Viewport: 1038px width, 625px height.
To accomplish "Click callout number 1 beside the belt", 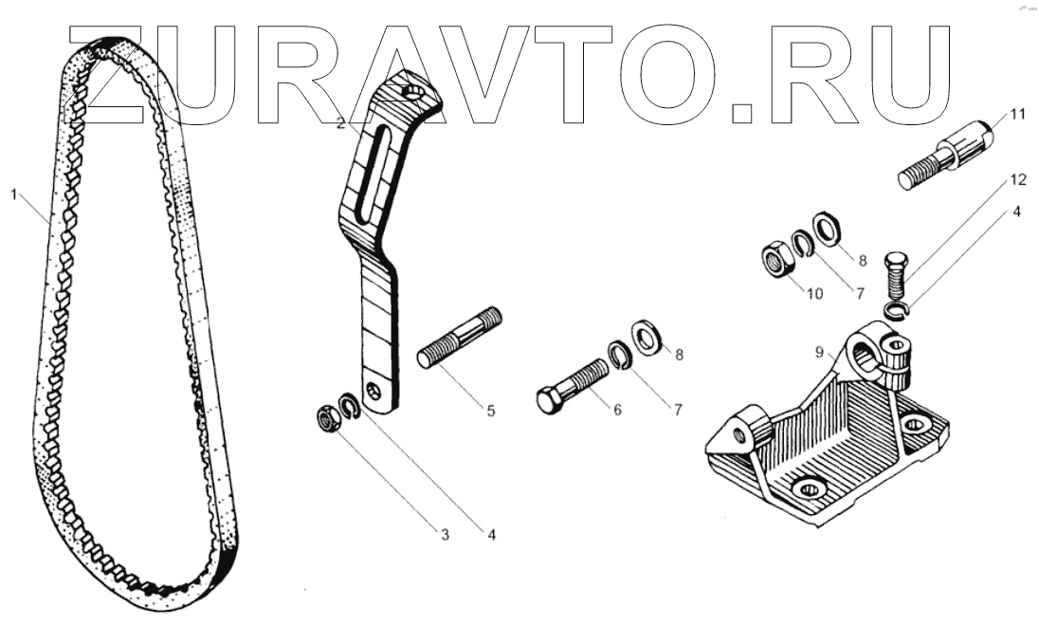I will tap(14, 194).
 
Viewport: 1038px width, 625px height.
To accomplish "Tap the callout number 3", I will tap(443, 535).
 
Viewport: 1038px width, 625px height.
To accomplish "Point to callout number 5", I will tap(490, 411).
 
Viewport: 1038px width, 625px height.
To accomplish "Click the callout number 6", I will tap(617, 411).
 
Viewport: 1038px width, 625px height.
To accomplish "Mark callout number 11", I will tap(1017, 115).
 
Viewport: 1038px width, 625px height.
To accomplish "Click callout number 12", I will tap(1017, 178).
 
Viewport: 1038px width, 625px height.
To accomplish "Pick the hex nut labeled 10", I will tap(776, 259).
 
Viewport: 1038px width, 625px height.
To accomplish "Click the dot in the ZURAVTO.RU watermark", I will tap(745, 113).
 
